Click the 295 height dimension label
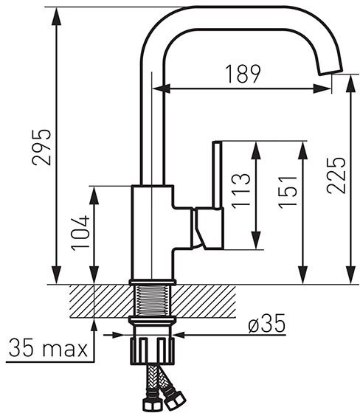coord(41,147)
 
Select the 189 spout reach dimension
coord(243,74)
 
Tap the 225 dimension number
coord(336,176)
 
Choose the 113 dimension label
coord(240,191)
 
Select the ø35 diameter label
coord(267,323)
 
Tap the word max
coord(65,350)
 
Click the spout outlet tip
coord(331,72)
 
